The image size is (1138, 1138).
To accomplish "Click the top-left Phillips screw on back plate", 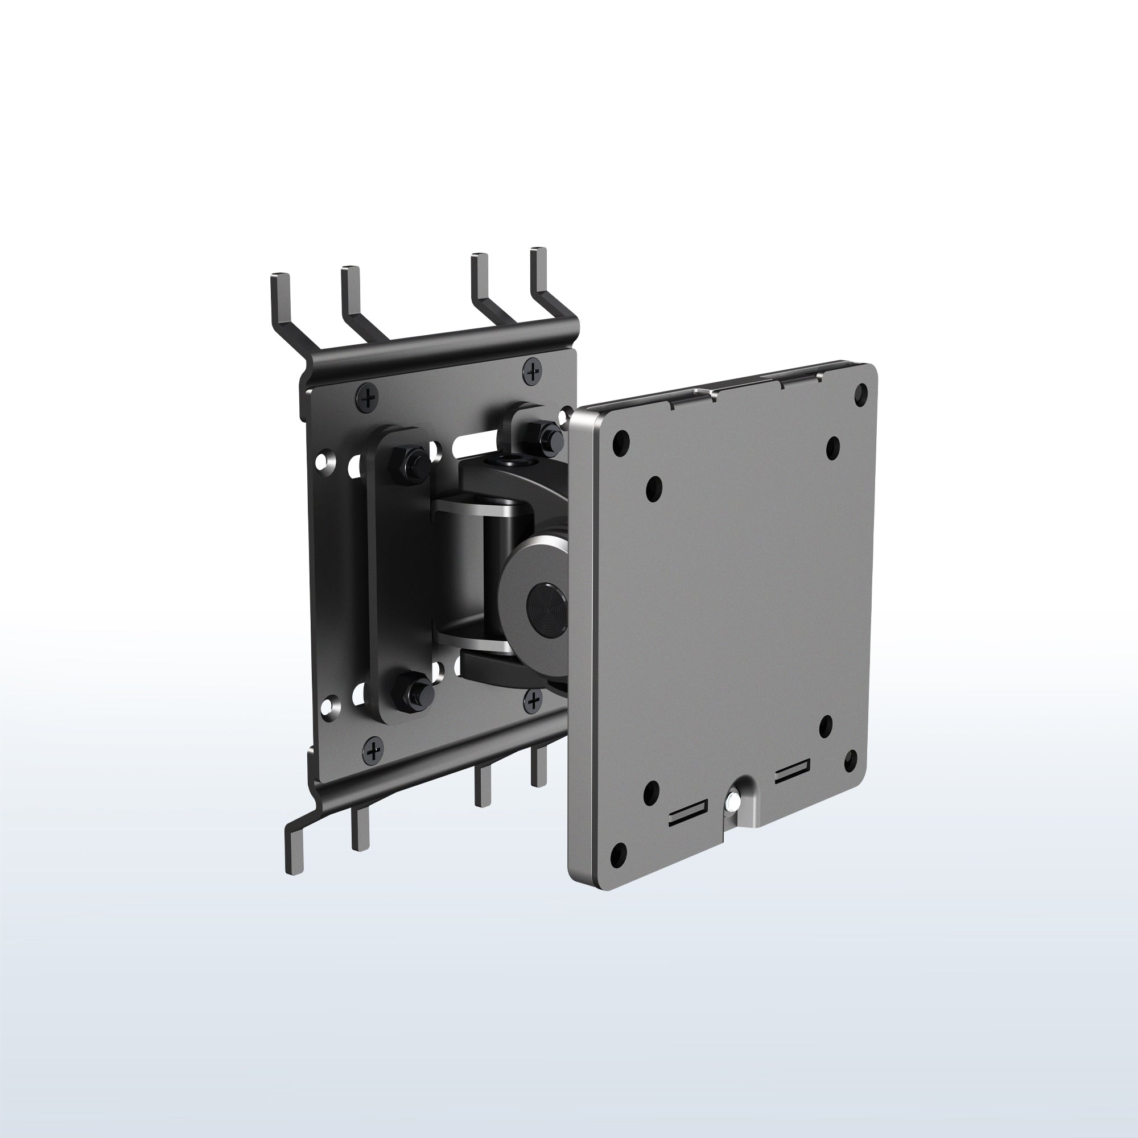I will point(368,398).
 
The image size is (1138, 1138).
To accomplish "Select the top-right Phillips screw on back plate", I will point(533,370).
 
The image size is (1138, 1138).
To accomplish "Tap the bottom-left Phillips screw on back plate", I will point(373,751).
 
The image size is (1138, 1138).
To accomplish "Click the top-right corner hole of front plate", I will point(863,391).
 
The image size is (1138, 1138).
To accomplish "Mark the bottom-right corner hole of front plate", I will point(851,760).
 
